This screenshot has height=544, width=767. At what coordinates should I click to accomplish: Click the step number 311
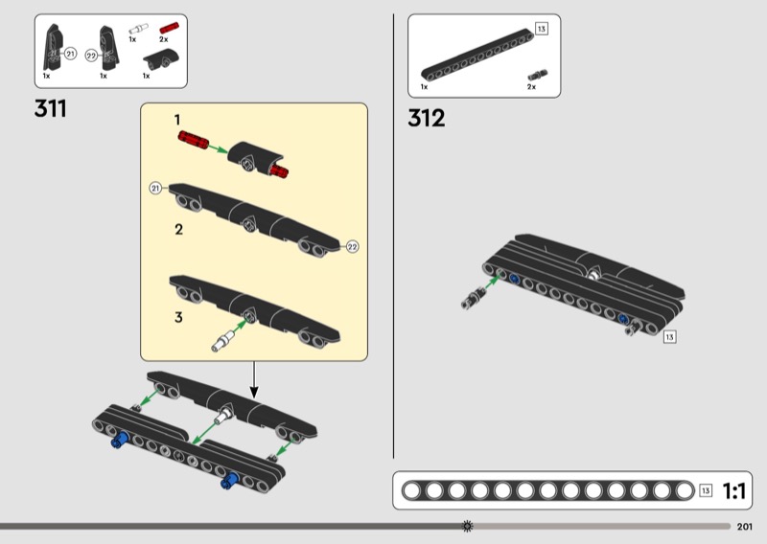tap(51, 108)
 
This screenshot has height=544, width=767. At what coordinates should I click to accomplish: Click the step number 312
tap(426, 119)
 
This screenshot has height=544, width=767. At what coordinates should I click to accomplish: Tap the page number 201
tap(745, 527)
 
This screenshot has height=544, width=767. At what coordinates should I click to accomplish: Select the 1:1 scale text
tap(733, 490)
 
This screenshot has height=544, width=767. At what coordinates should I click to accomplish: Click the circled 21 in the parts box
tap(70, 54)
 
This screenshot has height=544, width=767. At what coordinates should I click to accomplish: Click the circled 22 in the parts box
tap(91, 56)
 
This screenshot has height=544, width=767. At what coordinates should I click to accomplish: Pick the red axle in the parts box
tap(170, 28)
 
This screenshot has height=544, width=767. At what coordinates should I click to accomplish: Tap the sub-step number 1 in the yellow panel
tap(177, 120)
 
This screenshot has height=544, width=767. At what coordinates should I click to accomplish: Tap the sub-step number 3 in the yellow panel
tap(178, 318)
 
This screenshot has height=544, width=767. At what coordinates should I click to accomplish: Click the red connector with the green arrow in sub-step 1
tap(194, 139)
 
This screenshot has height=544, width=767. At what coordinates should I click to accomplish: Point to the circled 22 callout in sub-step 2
tap(352, 247)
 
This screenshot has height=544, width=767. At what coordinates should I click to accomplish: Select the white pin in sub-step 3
tap(223, 341)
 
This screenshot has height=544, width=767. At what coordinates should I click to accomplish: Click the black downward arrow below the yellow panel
tap(253, 380)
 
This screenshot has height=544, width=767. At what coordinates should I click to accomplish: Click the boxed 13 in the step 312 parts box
tap(541, 29)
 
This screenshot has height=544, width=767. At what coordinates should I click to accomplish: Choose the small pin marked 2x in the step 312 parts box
tap(538, 75)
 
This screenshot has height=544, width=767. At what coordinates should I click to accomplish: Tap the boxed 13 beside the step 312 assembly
tap(669, 337)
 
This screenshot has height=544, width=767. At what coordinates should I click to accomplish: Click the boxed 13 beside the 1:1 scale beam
tap(706, 490)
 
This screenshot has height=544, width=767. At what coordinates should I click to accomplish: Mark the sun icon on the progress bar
tap(468, 526)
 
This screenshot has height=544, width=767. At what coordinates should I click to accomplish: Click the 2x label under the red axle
tap(163, 39)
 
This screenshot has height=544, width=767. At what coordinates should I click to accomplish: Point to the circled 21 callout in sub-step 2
tap(155, 188)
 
